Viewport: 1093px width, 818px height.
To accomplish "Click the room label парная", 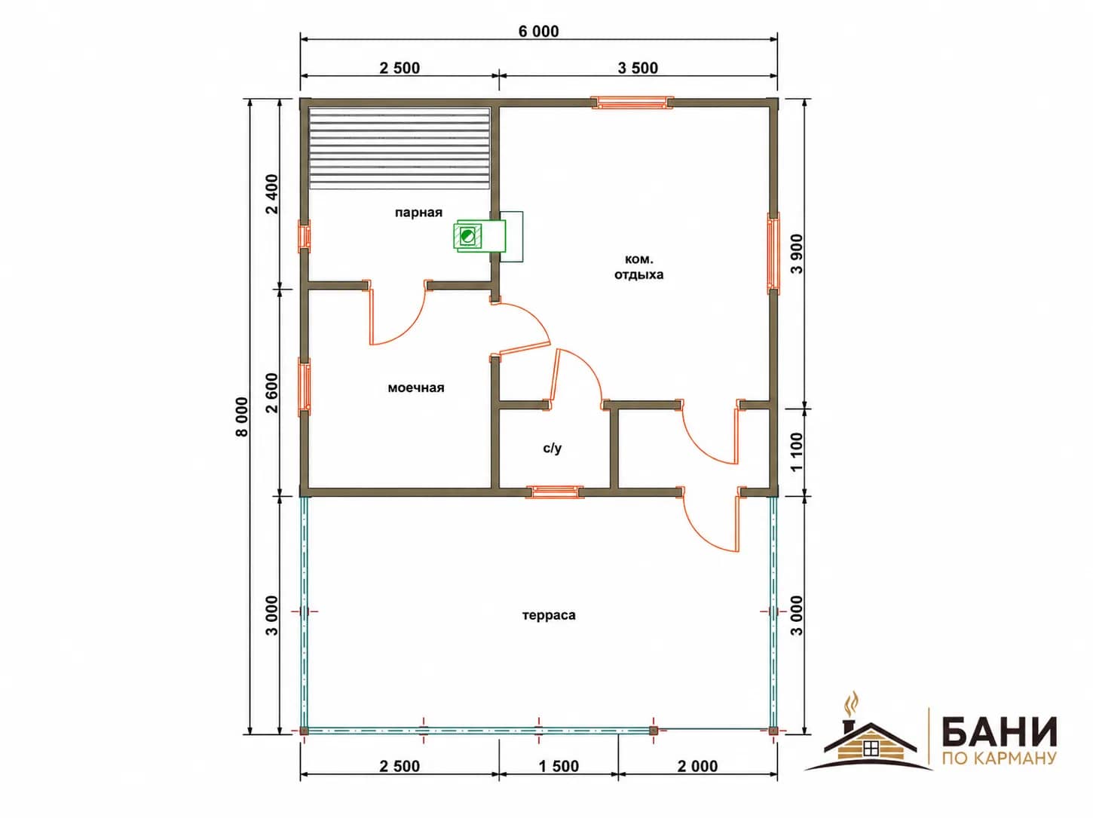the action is point(418,213).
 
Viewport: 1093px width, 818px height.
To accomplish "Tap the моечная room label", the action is point(416,388).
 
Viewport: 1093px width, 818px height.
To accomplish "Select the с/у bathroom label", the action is point(553,448).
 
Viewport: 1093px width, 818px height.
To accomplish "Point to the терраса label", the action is point(549,615).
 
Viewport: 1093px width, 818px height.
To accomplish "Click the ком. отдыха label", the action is point(639,267).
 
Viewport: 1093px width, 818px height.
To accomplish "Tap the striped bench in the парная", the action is point(400,149).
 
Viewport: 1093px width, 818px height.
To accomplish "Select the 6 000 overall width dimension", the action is point(538,32).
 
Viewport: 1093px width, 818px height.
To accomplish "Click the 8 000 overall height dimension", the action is point(241,417).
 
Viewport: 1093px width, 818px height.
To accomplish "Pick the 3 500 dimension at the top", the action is point(638,68).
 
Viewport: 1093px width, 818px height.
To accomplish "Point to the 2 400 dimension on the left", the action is point(272,194).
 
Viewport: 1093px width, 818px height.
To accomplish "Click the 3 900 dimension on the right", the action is point(797,254).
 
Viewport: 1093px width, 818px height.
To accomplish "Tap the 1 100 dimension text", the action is point(797,452).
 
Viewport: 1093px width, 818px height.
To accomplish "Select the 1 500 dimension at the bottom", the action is point(559,766).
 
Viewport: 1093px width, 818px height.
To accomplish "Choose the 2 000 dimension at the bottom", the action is point(697,766).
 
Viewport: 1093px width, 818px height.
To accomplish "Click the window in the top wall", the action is point(632,103).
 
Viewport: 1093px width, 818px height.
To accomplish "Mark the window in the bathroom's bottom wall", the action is point(556,492).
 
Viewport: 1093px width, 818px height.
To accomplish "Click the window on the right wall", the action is point(773,253).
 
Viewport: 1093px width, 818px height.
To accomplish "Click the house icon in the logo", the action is point(869,743).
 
